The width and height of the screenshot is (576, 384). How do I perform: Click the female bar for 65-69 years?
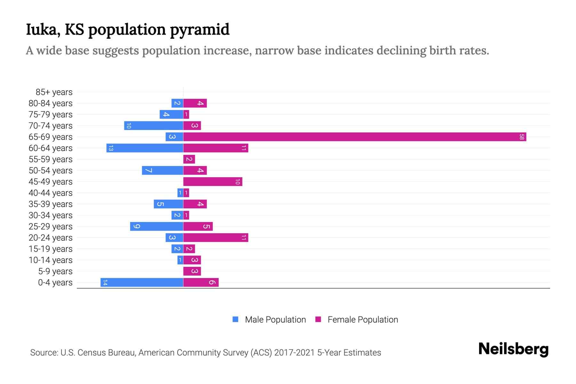(x=355, y=137)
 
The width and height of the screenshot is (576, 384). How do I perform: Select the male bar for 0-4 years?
(x=142, y=283)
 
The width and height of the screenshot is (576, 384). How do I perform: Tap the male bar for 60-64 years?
(x=145, y=148)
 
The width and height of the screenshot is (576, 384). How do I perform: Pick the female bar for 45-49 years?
(x=212, y=182)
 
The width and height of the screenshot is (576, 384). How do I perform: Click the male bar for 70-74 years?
(x=154, y=126)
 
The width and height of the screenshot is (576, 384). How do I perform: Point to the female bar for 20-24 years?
(x=216, y=238)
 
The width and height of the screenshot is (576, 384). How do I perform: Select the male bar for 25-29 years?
(x=156, y=227)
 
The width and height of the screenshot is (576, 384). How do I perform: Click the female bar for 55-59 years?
(x=189, y=159)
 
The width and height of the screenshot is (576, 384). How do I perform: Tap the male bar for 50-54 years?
(x=163, y=171)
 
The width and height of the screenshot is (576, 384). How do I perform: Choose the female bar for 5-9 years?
(x=192, y=271)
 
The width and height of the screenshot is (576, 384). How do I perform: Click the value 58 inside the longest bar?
(x=522, y=137)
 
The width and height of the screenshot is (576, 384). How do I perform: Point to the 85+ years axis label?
(x=54, y=92)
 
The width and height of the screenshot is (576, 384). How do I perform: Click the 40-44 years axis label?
(x=51, y=193)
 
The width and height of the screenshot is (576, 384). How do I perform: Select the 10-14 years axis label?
(x=51, y=260)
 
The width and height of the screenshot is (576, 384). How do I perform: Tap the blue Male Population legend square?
(x=236, y=319)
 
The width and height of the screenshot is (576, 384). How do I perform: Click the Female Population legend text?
(x=363, y=320)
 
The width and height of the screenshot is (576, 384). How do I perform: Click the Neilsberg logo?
(x=513, y=349)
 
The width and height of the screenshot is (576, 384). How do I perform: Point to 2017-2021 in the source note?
(x=294, y=353)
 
